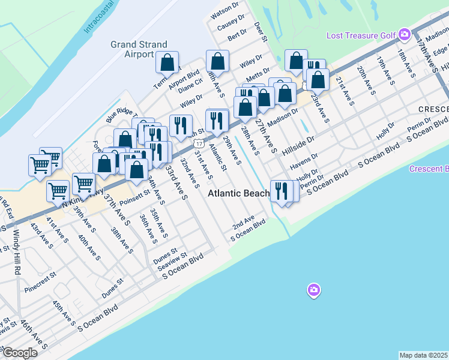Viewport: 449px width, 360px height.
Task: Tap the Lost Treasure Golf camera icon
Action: [x=404, y=35]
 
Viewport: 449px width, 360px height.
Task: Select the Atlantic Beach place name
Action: [x=239, y=194]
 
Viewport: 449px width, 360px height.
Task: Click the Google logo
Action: [x=20, y=353]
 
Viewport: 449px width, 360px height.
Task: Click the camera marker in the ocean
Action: [x=313, y=291]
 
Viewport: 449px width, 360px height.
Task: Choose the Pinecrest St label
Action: [x=40, y=284]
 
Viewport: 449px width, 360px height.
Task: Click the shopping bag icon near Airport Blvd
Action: [x=167, y=62]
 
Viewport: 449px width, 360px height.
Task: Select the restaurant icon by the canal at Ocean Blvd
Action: [x=280, y=191]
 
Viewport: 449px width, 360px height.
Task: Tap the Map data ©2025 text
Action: [x=424, y=355]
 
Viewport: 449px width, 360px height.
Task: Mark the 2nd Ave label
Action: [x=244, y=221]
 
